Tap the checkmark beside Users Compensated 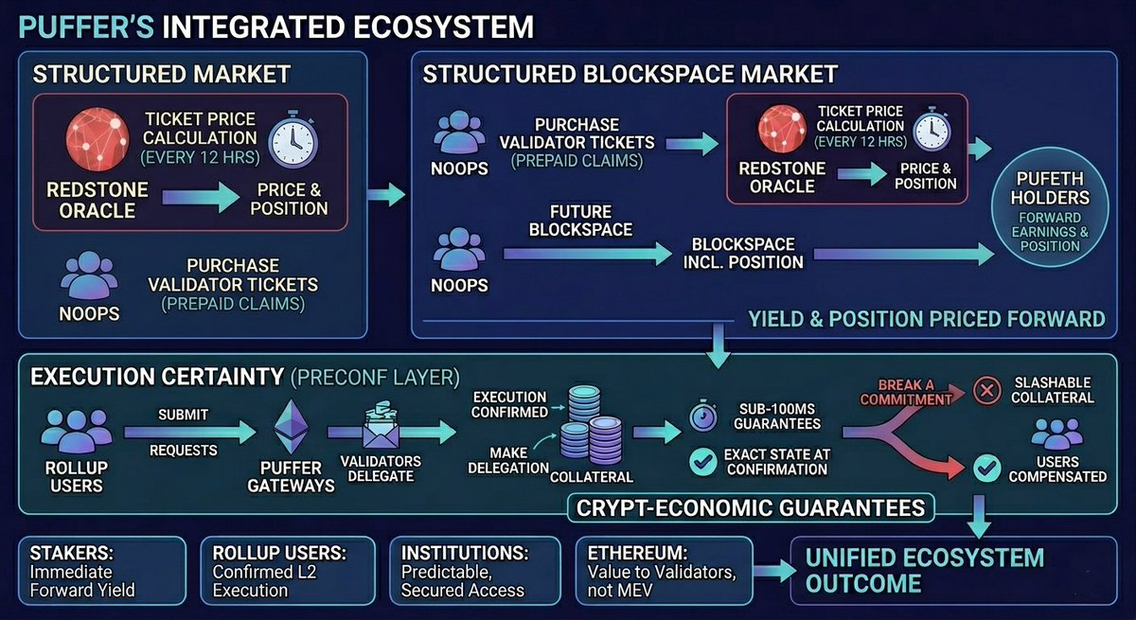click(987, 467)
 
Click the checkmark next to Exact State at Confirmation click(702, 462)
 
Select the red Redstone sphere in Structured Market click(97, 138)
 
